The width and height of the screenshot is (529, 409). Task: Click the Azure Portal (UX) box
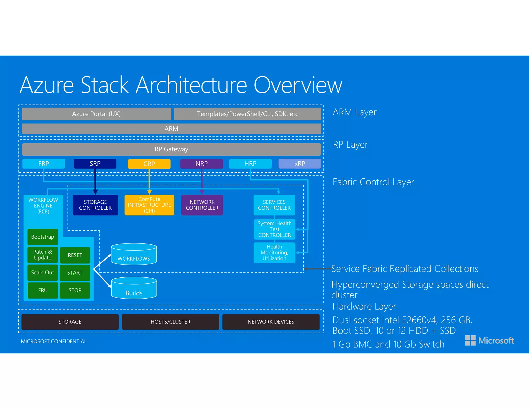pyautogui.click(x=96, y=114)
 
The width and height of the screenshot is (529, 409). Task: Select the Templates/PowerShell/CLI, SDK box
pyautogui.click(x=247, y=114)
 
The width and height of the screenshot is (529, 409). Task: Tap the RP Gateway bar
pyautogui.click(x=171, y=149)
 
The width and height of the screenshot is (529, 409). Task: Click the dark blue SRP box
pyautogui.click(x=95, y=164)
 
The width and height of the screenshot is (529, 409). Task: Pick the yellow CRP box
pyautogui.click(x=149, y=164)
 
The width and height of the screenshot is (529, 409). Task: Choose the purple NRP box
pyautogui.click(x=201, y=164)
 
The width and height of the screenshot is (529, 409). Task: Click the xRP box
pyautogui.click(x=300, y=164)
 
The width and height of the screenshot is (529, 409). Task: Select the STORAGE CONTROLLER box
pyautogui.click(x=95, y=205)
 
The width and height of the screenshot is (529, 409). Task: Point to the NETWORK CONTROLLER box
pyautogui.click(x=202, y=205)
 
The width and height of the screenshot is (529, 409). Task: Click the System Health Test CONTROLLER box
pyautogui.click(x=274, y=229)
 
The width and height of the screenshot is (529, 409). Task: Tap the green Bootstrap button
pyautogui.click(x=43, y=237)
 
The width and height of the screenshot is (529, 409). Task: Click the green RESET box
pyautogui.click(x=75, y=255)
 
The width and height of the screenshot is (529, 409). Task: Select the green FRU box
pyautogui.click(x=43, y=290)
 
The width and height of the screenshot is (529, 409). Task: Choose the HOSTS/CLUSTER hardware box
pyautogui.click(x=170, y=322)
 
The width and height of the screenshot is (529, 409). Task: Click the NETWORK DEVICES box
pyautogui.click(x=271, y=322)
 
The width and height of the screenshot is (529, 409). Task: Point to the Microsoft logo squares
pyautogui.click(x=470, y=340)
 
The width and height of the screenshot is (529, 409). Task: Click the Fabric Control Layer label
pyautogui.click(x=373, y=182)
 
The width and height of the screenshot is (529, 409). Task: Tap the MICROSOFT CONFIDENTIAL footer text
pyautogui.click(x=54, y=342)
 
